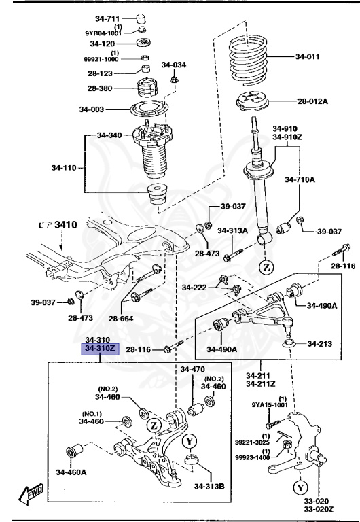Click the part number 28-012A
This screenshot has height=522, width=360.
(x=312, y=102)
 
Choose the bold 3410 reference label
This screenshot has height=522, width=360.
(x=66, y=224)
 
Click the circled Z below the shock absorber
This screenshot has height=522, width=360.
(x=266, y=267)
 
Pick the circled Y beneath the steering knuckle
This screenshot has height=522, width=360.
(x=300, y=487)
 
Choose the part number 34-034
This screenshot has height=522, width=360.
(x=173, y=65)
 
